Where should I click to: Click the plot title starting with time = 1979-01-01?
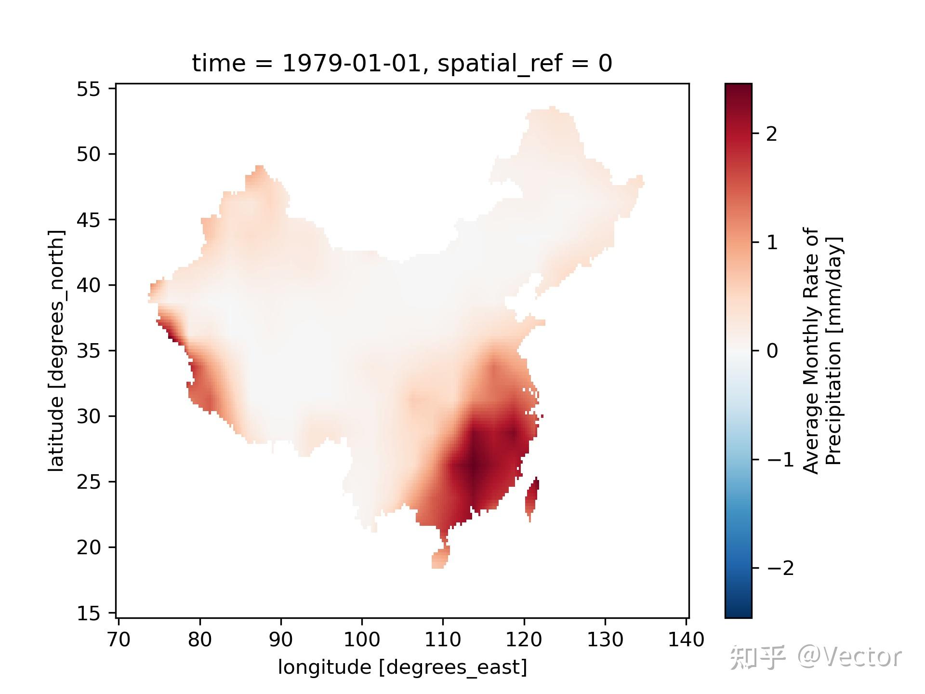pyautogui.click(x=402, y=64)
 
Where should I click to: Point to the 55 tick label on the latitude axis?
pyautogui.click(x=88, y=89)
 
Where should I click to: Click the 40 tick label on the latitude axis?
pyautogui.click(x=88, y=285)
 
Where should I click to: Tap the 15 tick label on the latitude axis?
pyautogui.click(x=88, y=614)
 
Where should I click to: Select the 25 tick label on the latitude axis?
pyautogui.click(x=88, y=482)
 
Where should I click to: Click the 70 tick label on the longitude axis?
pyautogui.click(x=119, y=640)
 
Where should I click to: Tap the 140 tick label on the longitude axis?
pyautogui.click(x=686, y=640)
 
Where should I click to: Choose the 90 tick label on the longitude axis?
pyautogui.click(x=280, y=640)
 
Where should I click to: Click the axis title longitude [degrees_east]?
pyautogui.click(x=402, y=667)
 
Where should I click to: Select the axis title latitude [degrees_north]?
pyautogui.click(x=56, y=351)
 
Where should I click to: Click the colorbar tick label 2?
pyautogui.click(x=771, y=134)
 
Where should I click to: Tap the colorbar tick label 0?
pyautogui.click(x=771, y=351)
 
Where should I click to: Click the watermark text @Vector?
pyautogui.click(x=849, y=656)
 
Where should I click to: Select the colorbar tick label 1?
pyautogui.click(x=771, y=243)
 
